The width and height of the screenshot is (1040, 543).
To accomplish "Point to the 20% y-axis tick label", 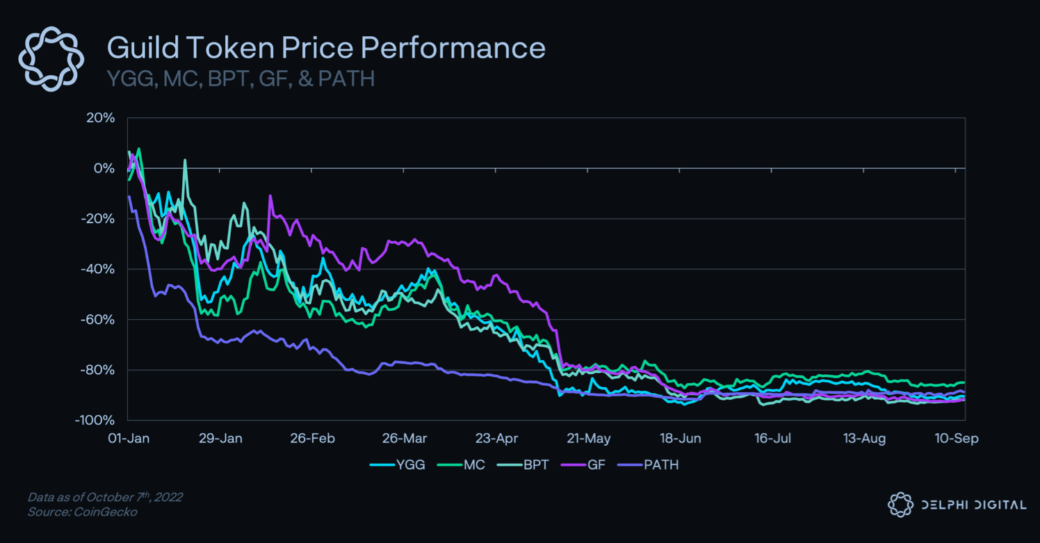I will point(101,118).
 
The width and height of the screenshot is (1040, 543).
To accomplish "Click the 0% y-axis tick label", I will point(104,168).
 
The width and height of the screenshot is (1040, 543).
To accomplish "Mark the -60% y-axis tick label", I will point(97,320).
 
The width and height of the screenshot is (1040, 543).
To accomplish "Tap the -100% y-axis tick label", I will point(95,420).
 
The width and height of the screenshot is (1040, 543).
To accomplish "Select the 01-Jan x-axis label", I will point(129,439).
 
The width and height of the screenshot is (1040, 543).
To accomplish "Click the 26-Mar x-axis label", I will point(404,439).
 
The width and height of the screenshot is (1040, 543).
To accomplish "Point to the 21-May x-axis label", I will point(589,439).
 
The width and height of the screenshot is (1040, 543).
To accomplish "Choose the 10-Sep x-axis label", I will point(956,439).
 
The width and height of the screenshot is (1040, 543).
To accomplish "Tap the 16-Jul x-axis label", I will point(772,439).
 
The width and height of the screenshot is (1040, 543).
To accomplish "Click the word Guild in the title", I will point(142,48).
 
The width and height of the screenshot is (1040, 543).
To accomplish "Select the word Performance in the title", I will point(453,48).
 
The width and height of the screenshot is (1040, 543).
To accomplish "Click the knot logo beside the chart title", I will point(51,59).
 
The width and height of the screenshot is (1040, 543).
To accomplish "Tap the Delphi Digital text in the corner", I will point(973,505).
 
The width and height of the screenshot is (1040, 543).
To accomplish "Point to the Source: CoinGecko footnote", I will point(82,512).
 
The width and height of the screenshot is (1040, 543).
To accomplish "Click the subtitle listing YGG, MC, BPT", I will point(240,79).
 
